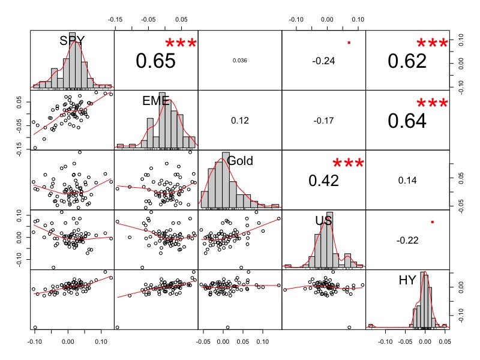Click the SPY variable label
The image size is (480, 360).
[x=72, y=41]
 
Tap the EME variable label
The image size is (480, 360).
[x=156, y=101]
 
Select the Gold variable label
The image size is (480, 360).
[x=240, y=160]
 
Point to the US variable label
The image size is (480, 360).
[x=324, y=221]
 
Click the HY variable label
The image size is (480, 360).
[x=407, y=280]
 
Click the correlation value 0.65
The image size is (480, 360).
[x=155, y=61]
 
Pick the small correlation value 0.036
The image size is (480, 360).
[x=239, y=61]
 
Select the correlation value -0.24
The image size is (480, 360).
[x=323, y=61]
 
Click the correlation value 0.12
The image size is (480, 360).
[x=239, y=121]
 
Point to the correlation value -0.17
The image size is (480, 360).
[x=323, y=121]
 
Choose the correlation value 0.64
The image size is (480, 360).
[x=407, y=121]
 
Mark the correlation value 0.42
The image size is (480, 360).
[x=323, y=180]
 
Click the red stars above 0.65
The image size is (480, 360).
[x=181, y=44]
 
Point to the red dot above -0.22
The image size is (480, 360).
[x=432, y=223]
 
